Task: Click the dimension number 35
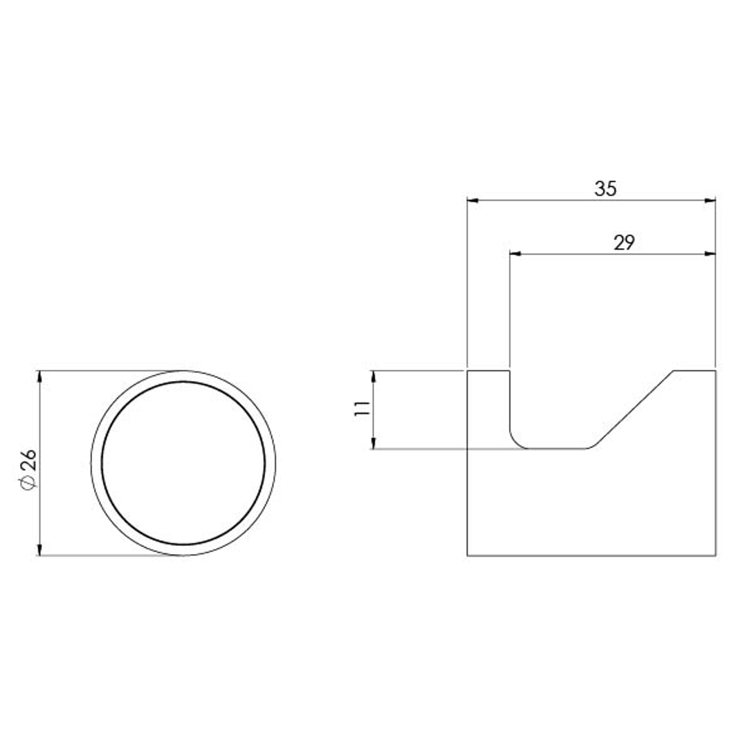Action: tap(605, 188)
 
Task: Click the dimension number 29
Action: tap(624, 242)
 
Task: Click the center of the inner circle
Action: tap(183, 463)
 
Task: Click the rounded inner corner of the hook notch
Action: tap(516, 442)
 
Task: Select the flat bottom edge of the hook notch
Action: tap(557, 449)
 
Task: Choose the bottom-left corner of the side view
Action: tap(468, 555)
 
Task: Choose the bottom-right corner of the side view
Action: tap(715, 555)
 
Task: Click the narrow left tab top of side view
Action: tap(489, 371)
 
